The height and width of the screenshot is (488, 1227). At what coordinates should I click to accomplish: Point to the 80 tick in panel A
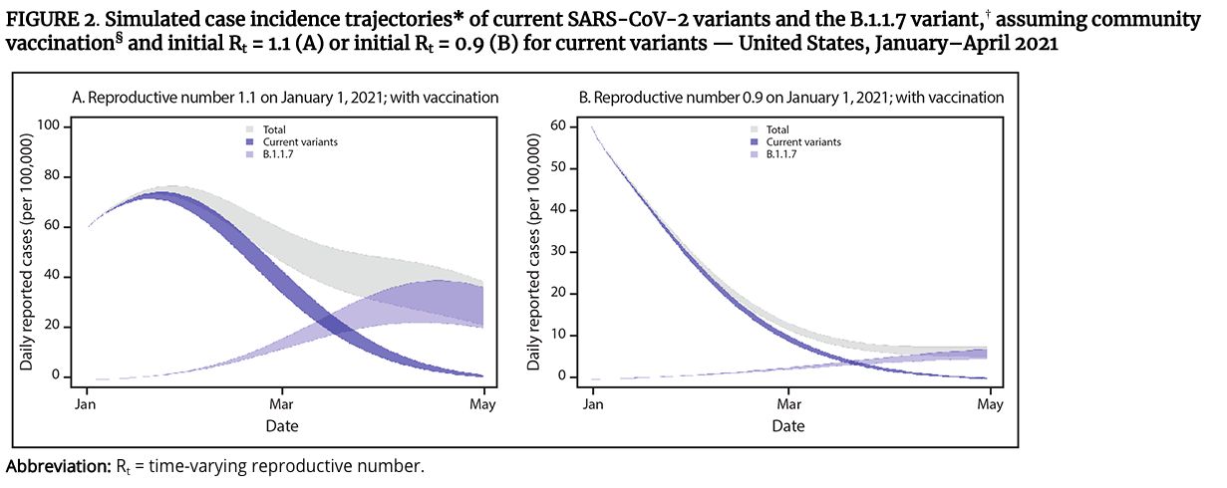click(x=56, y=177)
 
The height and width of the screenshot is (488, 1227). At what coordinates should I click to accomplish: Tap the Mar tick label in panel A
click(x=282, y=405)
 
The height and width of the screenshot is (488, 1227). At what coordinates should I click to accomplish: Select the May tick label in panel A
click(x=482, y=405)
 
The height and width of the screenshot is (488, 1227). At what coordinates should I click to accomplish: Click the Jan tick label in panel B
click(x=592, y=405)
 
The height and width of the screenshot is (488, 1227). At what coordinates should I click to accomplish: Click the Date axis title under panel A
click(x=282, y=426)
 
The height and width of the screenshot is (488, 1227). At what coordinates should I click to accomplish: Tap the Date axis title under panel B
click(x=787, y=426)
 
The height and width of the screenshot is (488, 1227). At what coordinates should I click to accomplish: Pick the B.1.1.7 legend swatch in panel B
click(x=758, y=155)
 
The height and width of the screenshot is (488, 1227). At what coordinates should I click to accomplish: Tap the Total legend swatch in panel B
click(x=758, y=129)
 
